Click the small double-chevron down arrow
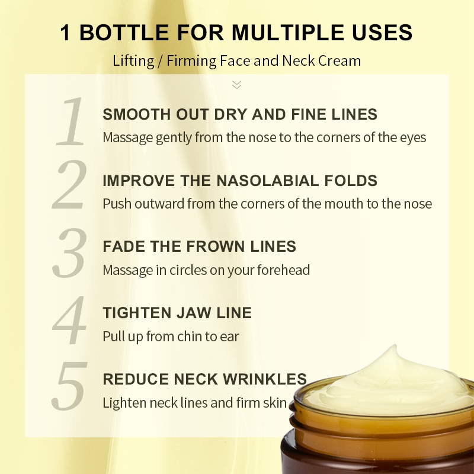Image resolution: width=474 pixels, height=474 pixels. tap(237, 85)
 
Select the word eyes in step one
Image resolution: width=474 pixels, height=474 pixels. tap(412, 137)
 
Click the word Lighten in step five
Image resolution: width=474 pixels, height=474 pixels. tap(125, 403)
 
